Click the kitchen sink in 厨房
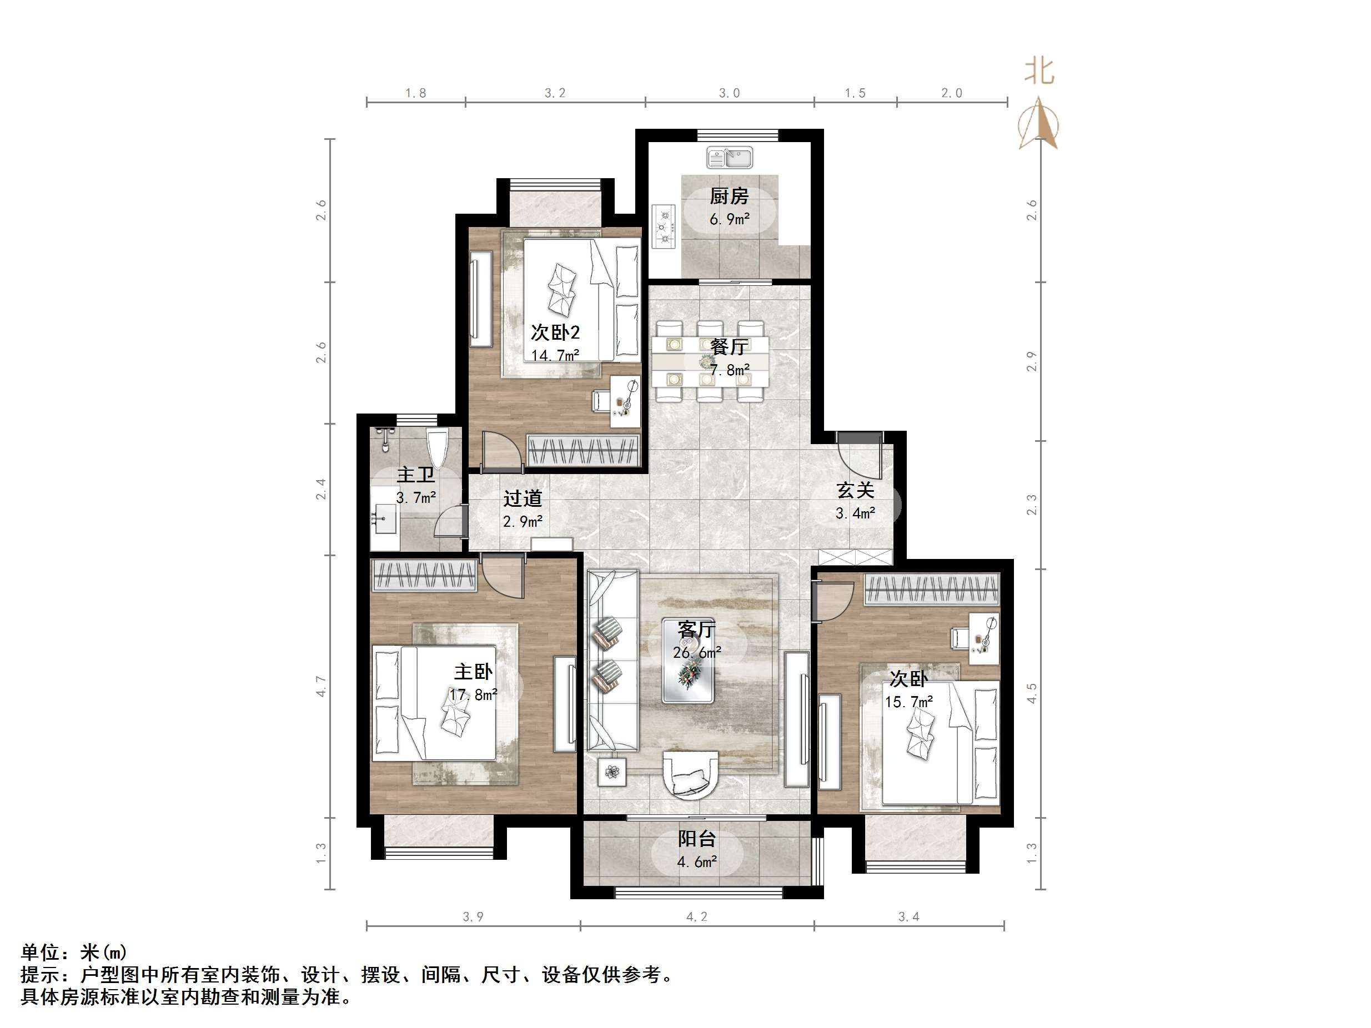tap(730, 158)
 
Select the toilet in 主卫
tap(437, 447)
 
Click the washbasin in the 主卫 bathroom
tap(385, 518)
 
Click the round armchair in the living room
tap(690, 782)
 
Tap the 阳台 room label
tap(697, 839)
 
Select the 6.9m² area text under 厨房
tap(730, 219)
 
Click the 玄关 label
tap(855, 491)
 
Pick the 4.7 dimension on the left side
tap(321, 686)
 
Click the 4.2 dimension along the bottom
tap(697, 917)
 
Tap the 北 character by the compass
tap(1039, 71)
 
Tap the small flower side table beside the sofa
tap(612, 772)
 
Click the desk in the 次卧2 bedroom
tap(625, 400)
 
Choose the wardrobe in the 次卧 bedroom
tap(932, 589)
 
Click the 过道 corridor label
tap(523, 499)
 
